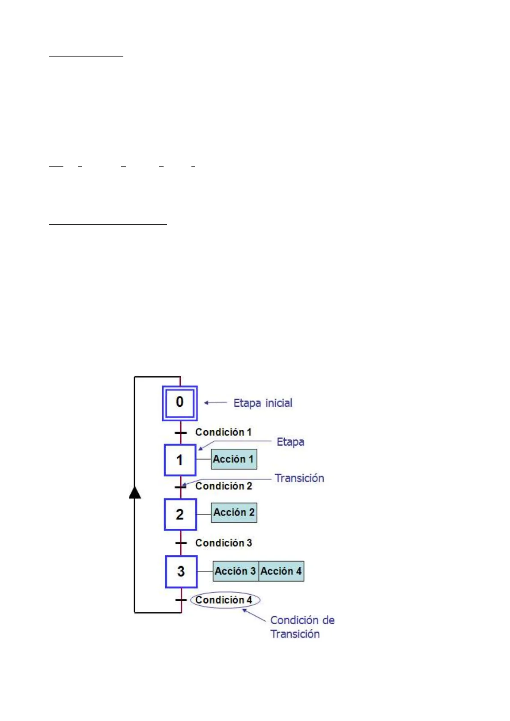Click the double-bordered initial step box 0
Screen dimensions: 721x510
pyautogui.click(x=180, y=403)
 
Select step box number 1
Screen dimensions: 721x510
pyautogui.click(x=180, y=460)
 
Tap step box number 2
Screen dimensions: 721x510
pyautogui.click(x=180, y=514)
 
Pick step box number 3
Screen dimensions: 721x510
pyautogui.click(x=181, y=572)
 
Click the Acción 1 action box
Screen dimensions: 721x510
pyautogui.click(x=234, y=459)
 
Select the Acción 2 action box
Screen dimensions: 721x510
pyautogui.click(x=234, y=512)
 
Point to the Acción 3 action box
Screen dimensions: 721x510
pyautogui.click(x=236, y=571)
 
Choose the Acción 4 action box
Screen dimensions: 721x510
pyautogui.click(x=281, y=571)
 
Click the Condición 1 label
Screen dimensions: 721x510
pyautogui.click(x=223, y=432)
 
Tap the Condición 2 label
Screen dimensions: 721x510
pyautogui.click(x=224, y=486)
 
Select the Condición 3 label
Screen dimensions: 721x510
pyautogui.click(x=224, y=543)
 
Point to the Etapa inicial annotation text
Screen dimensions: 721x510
pyautogui.click(x=262, y=403)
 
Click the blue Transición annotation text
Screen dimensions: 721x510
pyautogui.click(x=299, y=478)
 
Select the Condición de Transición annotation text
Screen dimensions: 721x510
pyautogui.click(x=301, y=627)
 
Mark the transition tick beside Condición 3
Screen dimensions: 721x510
pyautogui.click(x=181, y=543)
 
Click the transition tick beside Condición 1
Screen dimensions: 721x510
pyautogui.click(x=181, y=432)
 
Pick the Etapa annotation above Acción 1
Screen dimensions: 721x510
pyautogui.click(x=290, y=442)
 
